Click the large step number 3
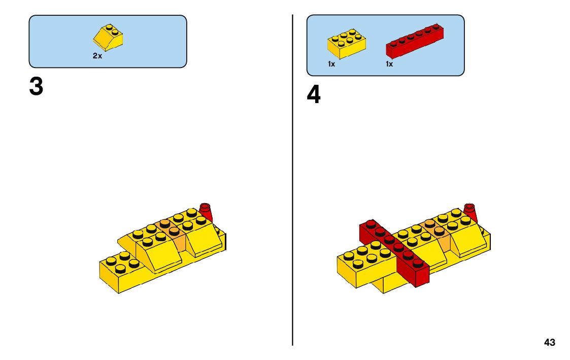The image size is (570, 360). click(x=36, y=87)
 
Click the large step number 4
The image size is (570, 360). click(x=314, y=95)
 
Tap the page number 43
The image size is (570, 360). click(x=549, y=343)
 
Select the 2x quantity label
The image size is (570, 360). click(x=97, y=56)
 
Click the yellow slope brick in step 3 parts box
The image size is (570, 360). click(x=109, y=37)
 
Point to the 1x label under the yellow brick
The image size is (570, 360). click(x=331, y=64)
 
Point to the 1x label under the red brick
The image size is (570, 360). click(x=389, y=64)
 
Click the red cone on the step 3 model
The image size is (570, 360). click(x=206, y=212)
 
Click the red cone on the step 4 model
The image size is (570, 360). click(x=471, y=212)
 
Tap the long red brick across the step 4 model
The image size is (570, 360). click(x=396, y=251)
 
